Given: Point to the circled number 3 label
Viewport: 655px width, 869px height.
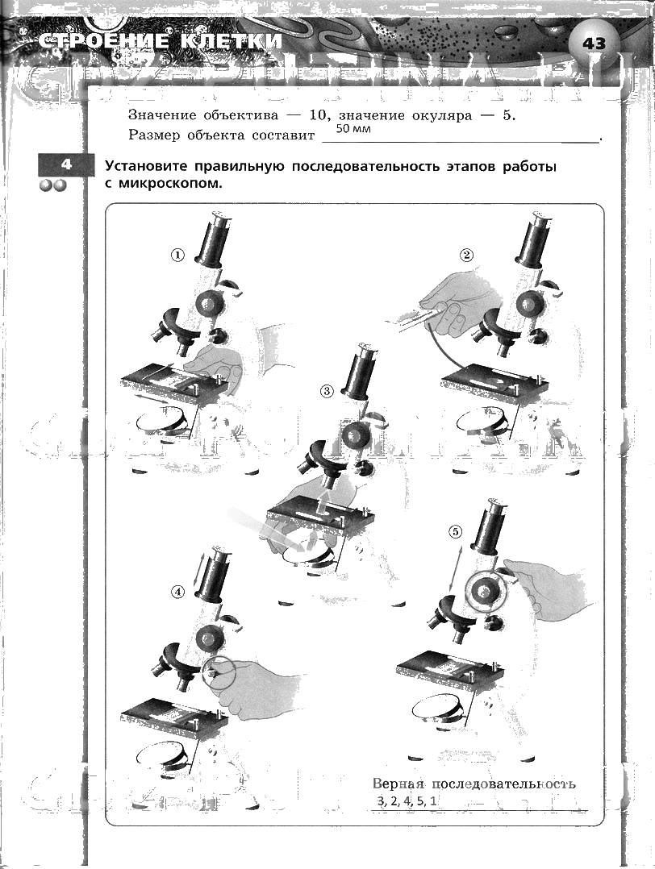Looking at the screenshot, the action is coord(327,391).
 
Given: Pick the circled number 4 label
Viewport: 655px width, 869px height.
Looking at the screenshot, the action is coord(178,591).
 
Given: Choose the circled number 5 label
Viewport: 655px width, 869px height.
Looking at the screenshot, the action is coord(456,531).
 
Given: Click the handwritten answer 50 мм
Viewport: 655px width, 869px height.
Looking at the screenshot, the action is coord(353,130).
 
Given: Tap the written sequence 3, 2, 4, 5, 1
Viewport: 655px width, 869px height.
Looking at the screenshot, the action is coord(407,800).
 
